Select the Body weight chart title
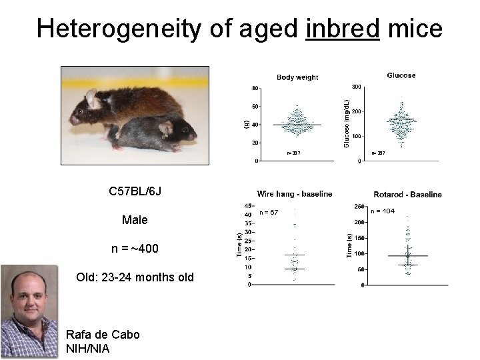(x=297, y=77)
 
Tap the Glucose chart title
(x=401, y=75)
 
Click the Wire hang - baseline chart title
(x=295, y=194)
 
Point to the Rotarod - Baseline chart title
(x=407, y=195)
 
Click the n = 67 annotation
(x=269, y=212)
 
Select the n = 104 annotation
(x=383, y=211)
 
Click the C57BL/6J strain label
(x=135, y=192)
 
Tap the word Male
(x=135, y=220)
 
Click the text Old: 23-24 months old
(x=135, y=276)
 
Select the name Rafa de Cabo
(x=103, y=334)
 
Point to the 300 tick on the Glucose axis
(x=357, y=87)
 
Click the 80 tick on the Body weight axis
(x=255, y=88)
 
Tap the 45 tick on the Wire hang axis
(x=248, y=206)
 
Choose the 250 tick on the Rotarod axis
(x=359, y=206)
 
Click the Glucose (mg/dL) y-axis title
(x=346, y=124)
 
